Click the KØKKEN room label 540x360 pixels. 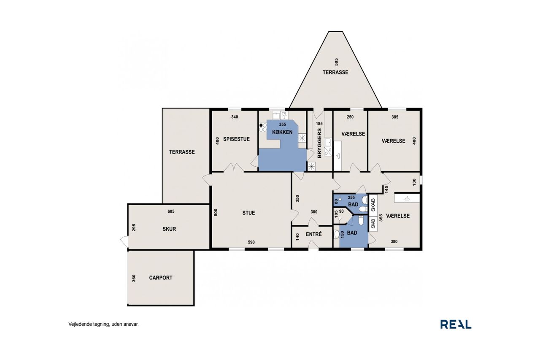pyautogui.click(x=282, y=132)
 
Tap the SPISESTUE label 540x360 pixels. pyautogui.click(x=236, y=139)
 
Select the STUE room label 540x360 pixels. pyautogui.click(x=248, y=213)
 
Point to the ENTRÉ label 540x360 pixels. pyautogui.click(x=313, y=234)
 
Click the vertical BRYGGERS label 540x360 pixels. pyautogui.click(x=319, y=143)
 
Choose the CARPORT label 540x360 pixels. pyautogui.click(x=161, y=278)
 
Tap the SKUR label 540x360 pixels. pyautogui.click(x=169, y=229)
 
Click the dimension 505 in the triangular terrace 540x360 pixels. pyautogui.click(x=337, y=62)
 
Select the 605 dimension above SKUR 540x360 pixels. pyautogui.click(x=171, y=211)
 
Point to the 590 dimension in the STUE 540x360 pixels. pyautogui.click(x=251, y=242)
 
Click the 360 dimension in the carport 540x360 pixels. pyautogui.click(x=134, y=278)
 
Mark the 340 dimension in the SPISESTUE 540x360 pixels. pyautogui.click(x=235, y=117)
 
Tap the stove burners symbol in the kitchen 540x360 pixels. pyautogui.click(x=263, y=127)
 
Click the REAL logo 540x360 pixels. pyautogui.click(x=456, y=324)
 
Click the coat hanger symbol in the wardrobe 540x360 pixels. pyautogui.click(x=407, y=198)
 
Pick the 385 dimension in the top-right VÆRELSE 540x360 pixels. pyautogui.click(x=395, y=117)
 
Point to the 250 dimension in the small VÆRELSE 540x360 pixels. pyautogui.click(x=350, y=117)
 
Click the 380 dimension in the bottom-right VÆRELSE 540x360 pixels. pyautogui.click(x=394, y=241)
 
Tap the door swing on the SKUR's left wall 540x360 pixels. pyautogui.click(x=124, y=241)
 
